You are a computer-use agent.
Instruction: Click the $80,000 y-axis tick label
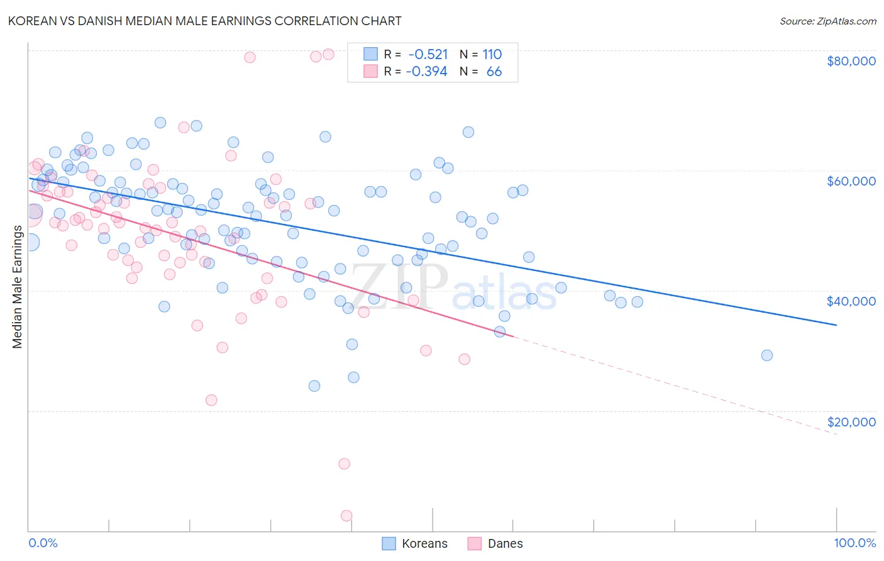(x=851, y=61)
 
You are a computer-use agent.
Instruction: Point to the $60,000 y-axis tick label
(x=851, y=181)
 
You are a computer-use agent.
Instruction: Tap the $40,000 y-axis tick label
(x=851, y=301)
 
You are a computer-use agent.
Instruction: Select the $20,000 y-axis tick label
(x=851, y=421)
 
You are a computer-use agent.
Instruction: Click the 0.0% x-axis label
(x=43, y=543)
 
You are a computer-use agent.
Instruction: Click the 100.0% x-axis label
(x=854, y=543)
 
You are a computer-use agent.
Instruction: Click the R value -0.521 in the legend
(x=428, y=54)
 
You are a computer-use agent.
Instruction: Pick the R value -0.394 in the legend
(x=426, y=71)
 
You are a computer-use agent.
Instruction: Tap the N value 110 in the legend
(x=492, y=54)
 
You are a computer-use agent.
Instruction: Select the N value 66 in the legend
(x=494, y=71)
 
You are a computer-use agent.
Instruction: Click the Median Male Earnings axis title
(x=17, y=287)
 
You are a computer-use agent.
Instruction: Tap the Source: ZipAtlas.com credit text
(x=827, y=21)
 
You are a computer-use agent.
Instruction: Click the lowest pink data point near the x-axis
(x=346, y=516)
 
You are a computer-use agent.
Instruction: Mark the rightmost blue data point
(x=766, y=355)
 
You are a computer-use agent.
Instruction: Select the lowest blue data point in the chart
(x=314, y=386)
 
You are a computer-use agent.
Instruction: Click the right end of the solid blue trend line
(x=836, y=325)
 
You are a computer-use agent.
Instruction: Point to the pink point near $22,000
(x=211, y=401)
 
